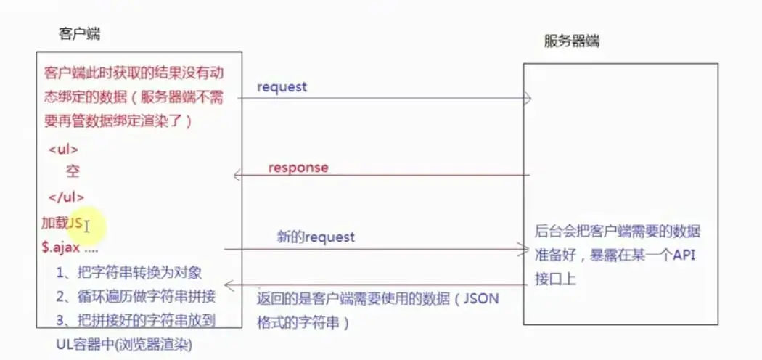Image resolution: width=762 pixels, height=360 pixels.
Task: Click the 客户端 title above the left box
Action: (79, 34)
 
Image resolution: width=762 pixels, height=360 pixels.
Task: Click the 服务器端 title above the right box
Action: (572, 41)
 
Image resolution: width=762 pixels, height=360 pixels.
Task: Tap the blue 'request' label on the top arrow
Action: (282, 87)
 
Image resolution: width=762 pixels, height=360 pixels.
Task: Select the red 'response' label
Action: (298, 168)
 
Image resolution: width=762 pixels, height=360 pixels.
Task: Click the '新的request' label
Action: (316, 237)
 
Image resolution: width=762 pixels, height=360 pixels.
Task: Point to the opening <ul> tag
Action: (63, 150)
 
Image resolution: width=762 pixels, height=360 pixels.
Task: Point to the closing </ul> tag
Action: (66, 197)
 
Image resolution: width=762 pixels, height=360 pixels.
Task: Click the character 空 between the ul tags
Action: (73, 172)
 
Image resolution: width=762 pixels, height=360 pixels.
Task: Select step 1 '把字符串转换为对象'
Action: (128, 273)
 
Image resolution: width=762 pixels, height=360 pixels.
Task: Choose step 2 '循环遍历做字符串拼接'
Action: (136, 296)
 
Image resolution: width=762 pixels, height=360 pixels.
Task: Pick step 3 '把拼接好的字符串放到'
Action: (136, 319)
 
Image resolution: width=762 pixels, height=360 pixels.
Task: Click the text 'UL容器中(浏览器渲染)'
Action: (124, 344)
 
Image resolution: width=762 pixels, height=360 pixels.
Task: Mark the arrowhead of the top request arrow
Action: (527, 99)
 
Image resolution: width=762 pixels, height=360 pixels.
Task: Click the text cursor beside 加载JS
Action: (86, 227)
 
